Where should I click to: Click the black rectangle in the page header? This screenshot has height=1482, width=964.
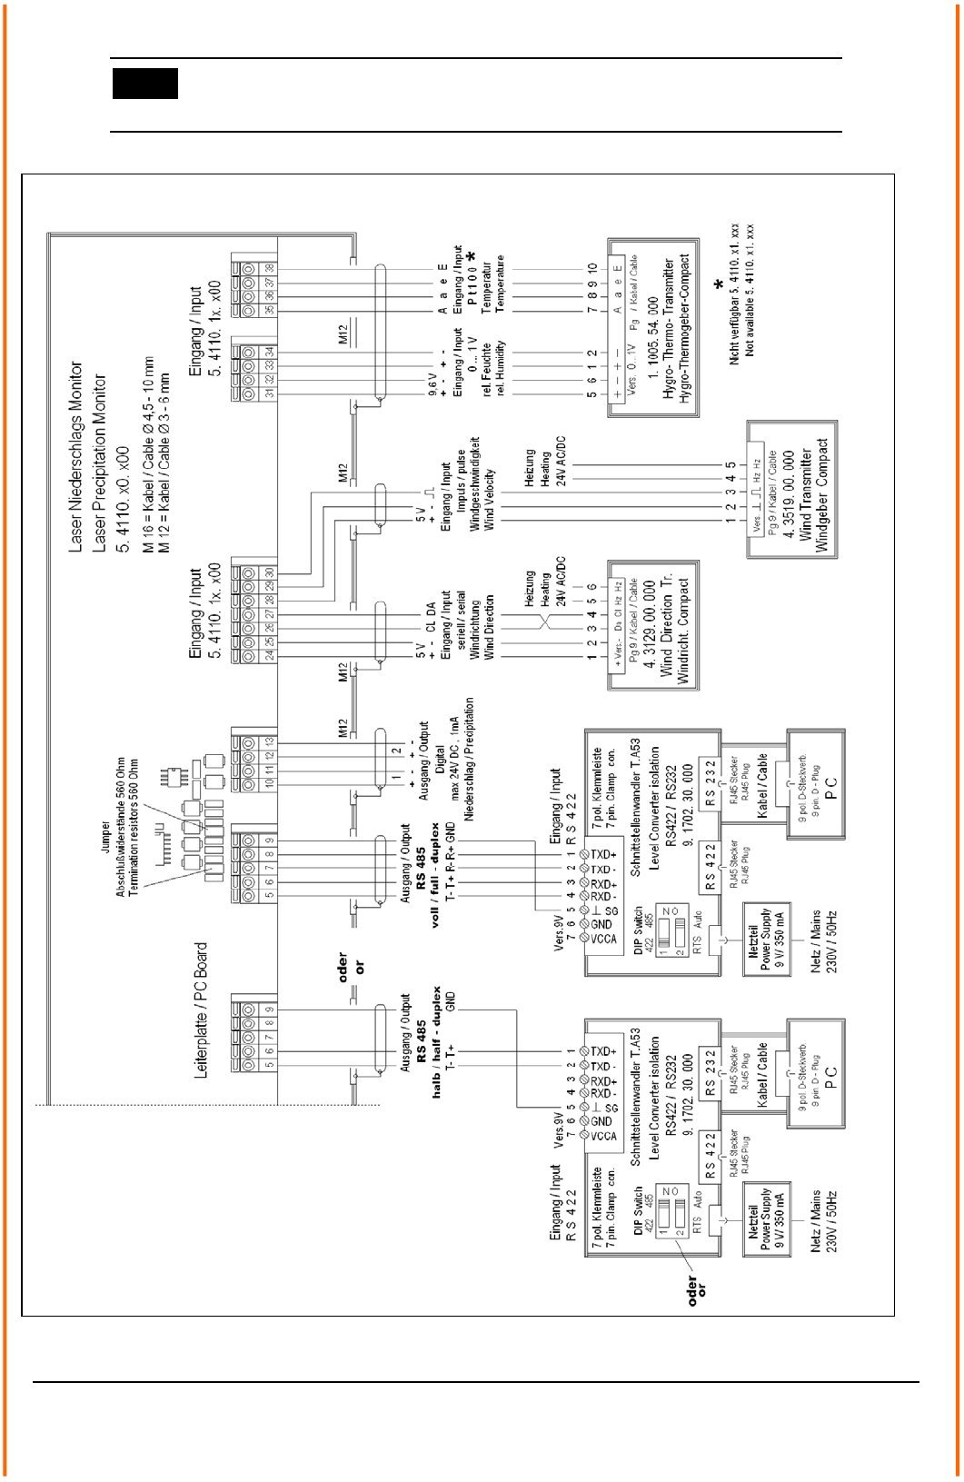point(145,84)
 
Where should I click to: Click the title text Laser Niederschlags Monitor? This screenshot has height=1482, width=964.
point(76,457)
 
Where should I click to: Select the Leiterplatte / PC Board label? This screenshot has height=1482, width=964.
point(202,1010)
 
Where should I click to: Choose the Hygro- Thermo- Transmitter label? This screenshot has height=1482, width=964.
point(670,329)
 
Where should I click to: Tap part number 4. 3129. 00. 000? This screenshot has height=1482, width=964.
point(650,625)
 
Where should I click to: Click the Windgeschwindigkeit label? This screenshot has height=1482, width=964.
point(474,484)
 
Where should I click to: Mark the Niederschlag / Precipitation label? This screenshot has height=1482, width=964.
point(470,760)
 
